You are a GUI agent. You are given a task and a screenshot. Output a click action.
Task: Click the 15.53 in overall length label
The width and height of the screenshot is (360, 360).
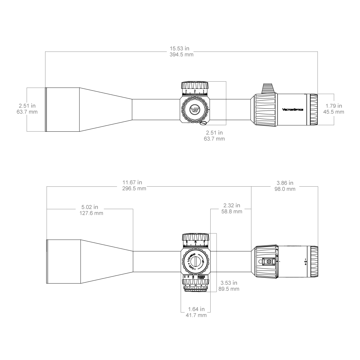(x=179, y=48)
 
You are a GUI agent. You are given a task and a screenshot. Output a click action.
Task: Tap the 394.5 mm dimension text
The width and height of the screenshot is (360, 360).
(x=181, y=55)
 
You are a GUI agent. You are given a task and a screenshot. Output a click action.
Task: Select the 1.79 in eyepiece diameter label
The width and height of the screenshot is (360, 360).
(x=333, y=106)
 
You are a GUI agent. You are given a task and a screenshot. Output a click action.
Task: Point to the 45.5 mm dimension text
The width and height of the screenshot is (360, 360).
(x=333, y=112)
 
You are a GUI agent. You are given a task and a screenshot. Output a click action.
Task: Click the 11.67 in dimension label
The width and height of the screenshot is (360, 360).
(x=132, y=182)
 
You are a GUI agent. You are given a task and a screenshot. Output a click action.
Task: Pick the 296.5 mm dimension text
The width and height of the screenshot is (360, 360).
(x=134, y=189)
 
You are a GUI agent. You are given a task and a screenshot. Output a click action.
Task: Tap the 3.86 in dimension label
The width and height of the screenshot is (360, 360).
(x=285, y=183)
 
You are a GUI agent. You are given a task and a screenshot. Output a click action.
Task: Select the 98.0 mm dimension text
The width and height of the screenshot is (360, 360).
(x=285, y=189)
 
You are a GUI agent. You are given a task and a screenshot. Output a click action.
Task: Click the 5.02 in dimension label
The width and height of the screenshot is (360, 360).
(x=90, y=207)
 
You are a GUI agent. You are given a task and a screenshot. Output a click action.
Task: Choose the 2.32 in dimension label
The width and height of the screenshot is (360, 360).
(x=232, y=205)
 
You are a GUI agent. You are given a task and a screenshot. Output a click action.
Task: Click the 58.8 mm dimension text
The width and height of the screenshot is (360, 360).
(x=232, y=211)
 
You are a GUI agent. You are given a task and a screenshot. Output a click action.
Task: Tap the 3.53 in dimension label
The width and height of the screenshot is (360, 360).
(x=229, y=283)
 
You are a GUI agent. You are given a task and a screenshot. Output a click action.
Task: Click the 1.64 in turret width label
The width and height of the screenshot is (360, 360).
(x=196, y=309)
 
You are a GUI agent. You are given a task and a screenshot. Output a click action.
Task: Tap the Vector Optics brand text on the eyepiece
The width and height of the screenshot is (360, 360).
(x=292, y=109)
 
